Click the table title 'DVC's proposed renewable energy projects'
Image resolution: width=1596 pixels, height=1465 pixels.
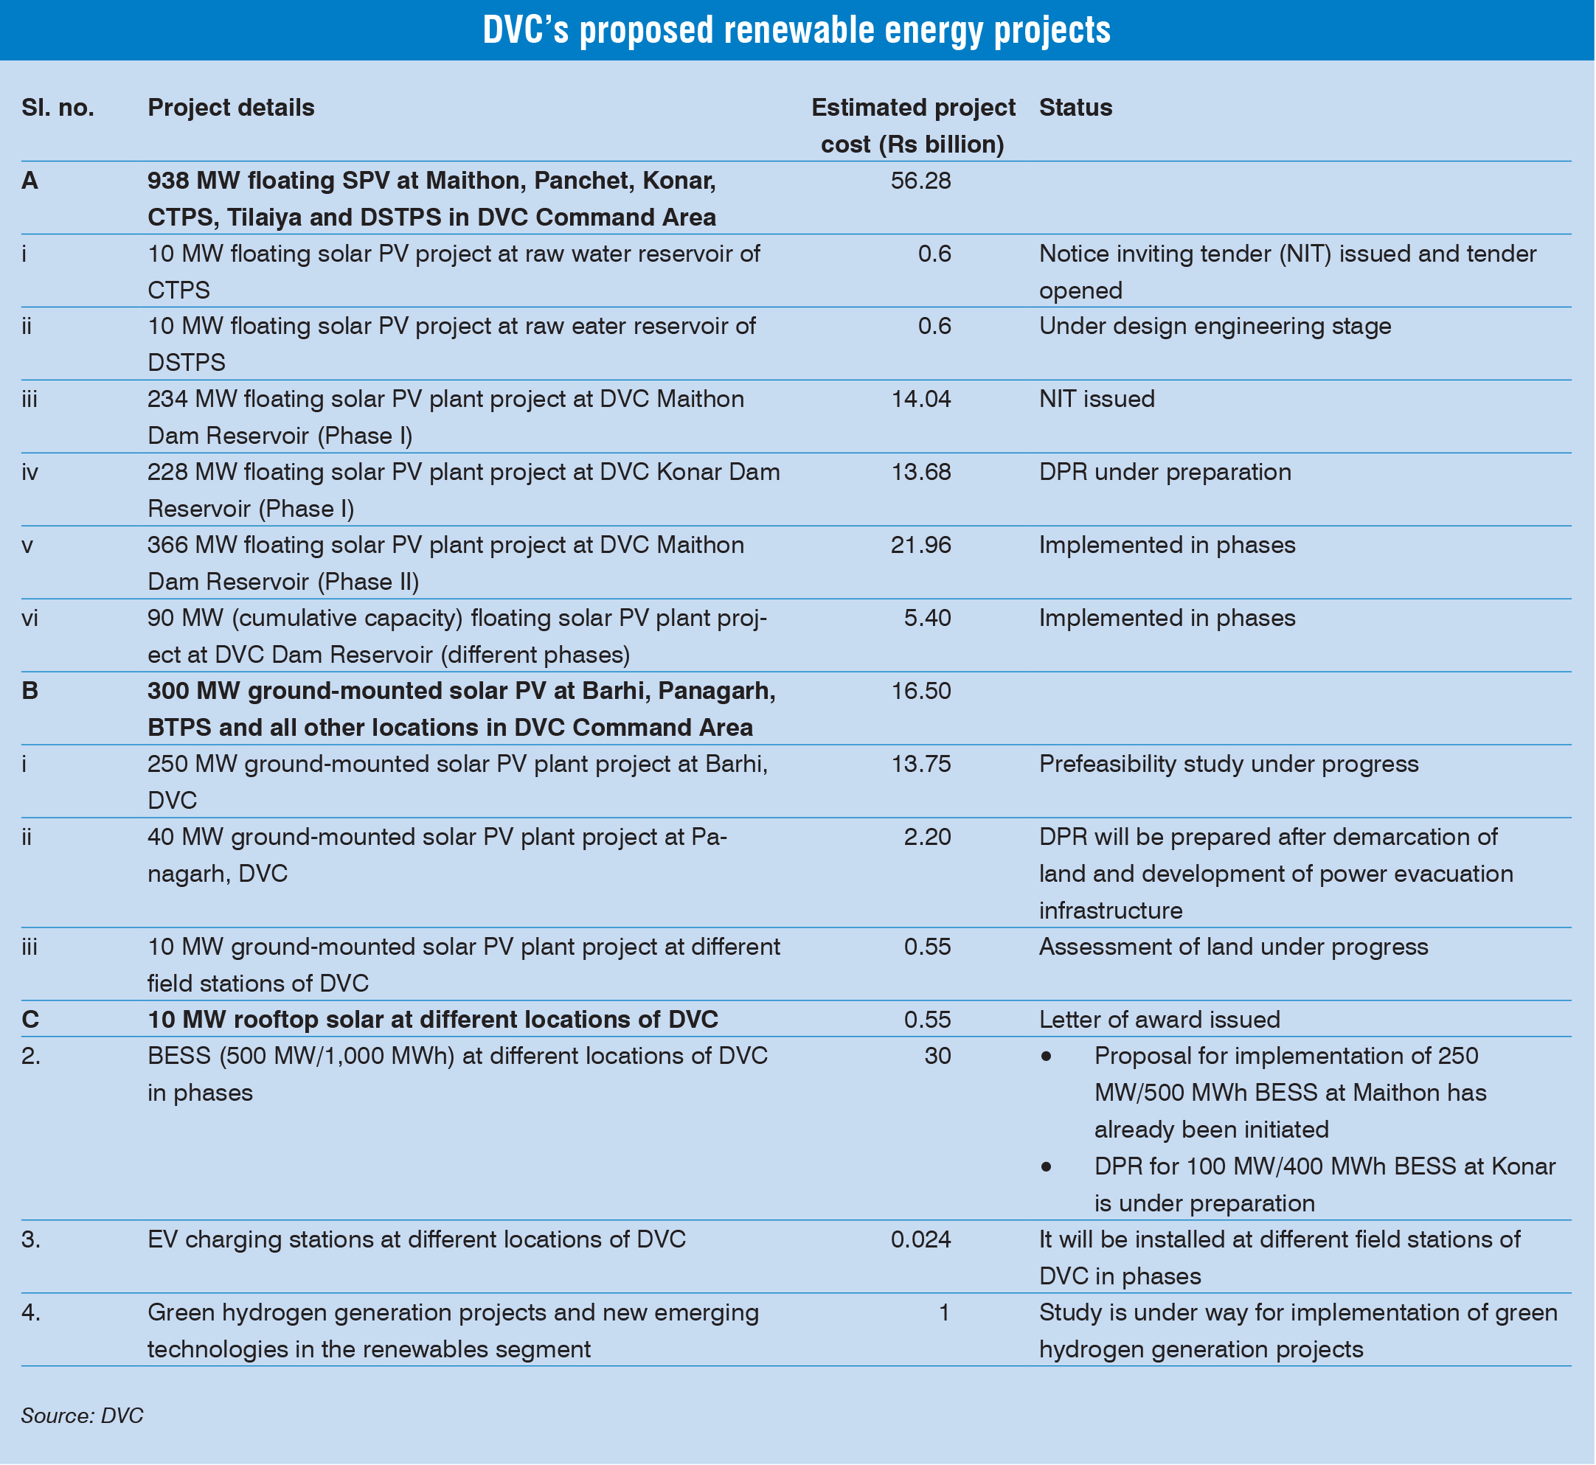(x=797, y=30)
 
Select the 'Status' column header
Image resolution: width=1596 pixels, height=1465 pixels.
(x=1075, y=107)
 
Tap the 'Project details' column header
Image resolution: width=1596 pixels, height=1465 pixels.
(x=231, y=107)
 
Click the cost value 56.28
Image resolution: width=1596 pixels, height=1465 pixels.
(x=920, y=181)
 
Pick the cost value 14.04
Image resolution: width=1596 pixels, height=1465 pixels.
(x=920, y=399)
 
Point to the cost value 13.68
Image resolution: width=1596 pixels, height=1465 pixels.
(x=920, y=472)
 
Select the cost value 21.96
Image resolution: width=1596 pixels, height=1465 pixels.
(x=920, y=545)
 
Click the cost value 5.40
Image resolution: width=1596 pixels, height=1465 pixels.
(x=927, y=618)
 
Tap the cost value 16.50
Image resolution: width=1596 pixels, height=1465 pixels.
(x=920, y=691)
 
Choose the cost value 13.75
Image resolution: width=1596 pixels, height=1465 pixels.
(x=920, y=763)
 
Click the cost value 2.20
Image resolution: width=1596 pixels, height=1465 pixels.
(x=927, y=836)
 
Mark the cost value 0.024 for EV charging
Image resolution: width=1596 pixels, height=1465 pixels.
(x=920, y=1239)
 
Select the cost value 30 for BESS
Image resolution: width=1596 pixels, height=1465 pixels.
(x=937, y=1056)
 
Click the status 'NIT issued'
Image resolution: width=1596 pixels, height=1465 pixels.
(x=1097, y=399)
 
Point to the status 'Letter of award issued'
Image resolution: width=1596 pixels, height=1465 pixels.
(x=1159, y=1020)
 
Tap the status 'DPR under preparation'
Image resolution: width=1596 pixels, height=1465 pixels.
(x=1165, y=472)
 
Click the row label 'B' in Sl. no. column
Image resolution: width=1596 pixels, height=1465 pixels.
(x=30, y=691)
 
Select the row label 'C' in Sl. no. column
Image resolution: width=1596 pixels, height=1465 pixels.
(x=30, y=1020)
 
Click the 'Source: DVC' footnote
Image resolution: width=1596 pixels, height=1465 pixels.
(x=83, y=1416)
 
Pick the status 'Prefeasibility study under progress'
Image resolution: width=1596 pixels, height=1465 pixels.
(x=1228, y=763)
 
